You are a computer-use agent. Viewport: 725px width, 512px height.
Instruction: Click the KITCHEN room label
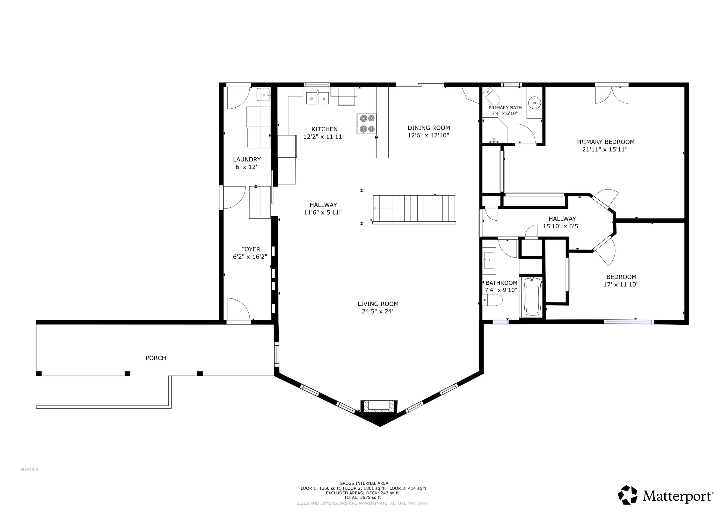point(324,129)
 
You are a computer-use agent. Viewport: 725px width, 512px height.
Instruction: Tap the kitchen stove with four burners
point(367,124)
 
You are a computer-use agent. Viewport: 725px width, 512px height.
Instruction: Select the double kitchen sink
point(317,98)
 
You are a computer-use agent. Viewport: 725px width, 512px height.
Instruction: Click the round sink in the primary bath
point(534,103)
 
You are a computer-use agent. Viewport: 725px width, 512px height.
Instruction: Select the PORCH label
point(156,358)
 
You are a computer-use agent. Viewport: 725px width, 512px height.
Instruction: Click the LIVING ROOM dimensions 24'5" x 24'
point(378,311)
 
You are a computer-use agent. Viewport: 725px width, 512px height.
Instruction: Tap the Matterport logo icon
point(628,495)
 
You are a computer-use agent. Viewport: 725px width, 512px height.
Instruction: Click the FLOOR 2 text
point(29,470)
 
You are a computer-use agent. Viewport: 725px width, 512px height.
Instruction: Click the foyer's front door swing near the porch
point(238,309)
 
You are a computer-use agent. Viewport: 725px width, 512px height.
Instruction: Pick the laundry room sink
point(263,95)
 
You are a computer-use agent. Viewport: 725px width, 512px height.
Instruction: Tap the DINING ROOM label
point(428,128)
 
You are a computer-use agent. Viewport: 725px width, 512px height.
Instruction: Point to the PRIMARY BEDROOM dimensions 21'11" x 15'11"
point(605,149)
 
